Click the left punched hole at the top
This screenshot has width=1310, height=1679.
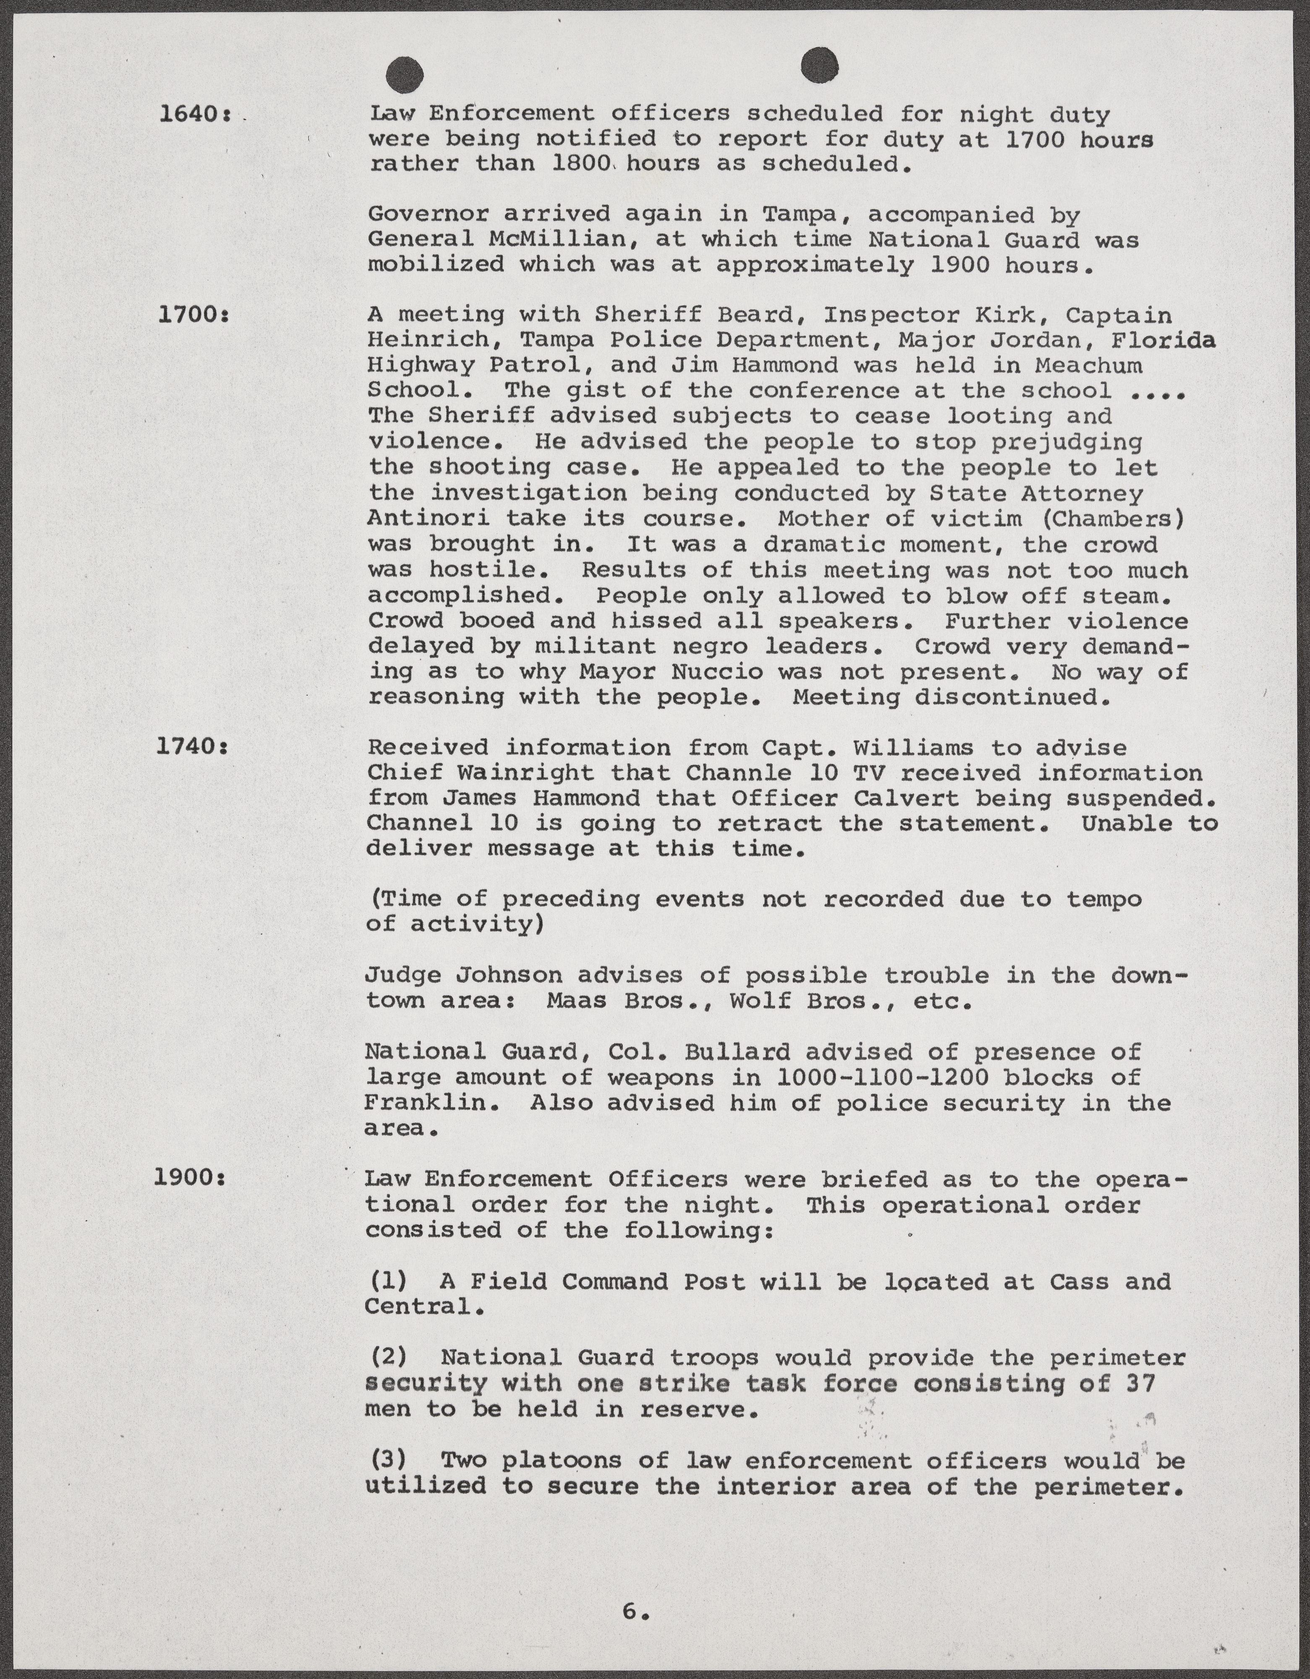(x=405, y=75)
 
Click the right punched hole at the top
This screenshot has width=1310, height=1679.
(x=819, y=65)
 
